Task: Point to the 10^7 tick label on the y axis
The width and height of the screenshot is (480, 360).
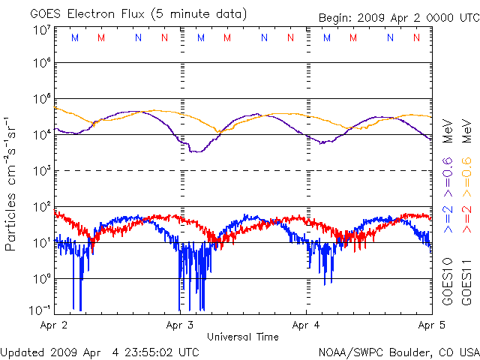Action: coord(41,30)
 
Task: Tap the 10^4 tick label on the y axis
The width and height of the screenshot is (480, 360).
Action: coord(41,134)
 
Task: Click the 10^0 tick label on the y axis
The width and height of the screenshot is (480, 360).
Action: coord(41,278)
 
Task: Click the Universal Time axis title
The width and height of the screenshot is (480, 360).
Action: coord(243,337)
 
